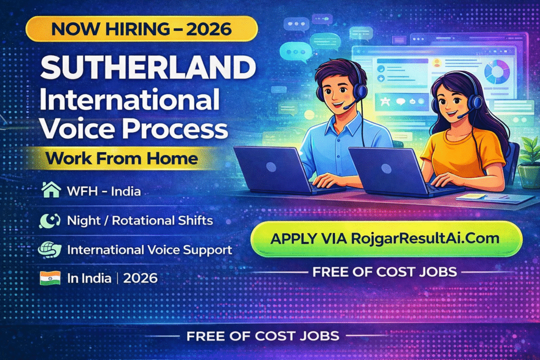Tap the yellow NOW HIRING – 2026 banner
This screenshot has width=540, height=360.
(x=141, y=28)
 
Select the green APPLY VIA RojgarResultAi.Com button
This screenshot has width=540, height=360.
(x=386, y=239)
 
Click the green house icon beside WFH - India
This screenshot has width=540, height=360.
(x=51, y=190)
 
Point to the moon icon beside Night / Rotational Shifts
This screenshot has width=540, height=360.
(x=50, y=220)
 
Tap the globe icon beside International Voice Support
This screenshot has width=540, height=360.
(x=50, y=250)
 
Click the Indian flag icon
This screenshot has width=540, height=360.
(x=50, y=278)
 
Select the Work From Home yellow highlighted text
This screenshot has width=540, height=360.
(x=122, y=159)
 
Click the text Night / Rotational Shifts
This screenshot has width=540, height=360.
(x=140, y=220)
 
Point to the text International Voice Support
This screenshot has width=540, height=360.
(x=149, y=250)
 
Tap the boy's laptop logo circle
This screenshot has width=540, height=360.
(x=271, y=167)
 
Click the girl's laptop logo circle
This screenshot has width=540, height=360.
(x=386, y=169)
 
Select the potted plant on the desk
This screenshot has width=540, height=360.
(x=528, y=162)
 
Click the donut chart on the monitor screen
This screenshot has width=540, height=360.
(x=497, y=72)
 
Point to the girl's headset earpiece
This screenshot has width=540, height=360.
(x=477, y=102)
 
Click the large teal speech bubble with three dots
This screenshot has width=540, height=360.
(x=295, y=52)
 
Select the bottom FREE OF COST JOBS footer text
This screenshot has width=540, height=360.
(x=263, y=336)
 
